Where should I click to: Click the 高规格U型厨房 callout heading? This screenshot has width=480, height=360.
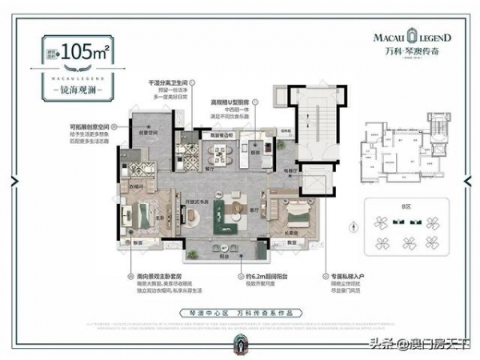[x=243, y=102]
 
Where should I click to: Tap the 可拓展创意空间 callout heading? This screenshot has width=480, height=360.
[x=89, y=126]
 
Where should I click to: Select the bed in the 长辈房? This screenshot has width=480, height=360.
[x=294, y=214]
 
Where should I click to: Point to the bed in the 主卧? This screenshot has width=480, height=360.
[x=146, y=215]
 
